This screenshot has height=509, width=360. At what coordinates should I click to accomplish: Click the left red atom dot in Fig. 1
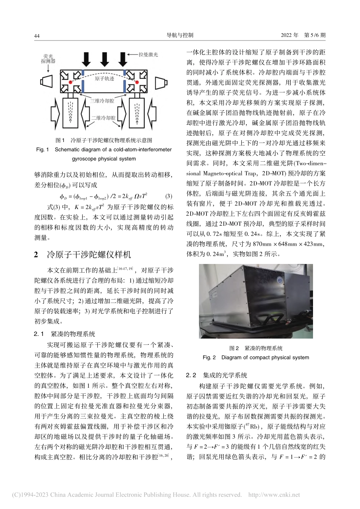[x=70, y=82]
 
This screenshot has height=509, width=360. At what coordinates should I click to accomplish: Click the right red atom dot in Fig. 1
[x=137, y=82]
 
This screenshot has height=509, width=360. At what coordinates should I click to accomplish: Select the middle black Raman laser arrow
[x=104, y=59]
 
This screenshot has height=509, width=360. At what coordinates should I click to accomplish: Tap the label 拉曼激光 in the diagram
[x=149, y=55]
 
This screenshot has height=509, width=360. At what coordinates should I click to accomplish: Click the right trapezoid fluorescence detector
[x=161, y=82]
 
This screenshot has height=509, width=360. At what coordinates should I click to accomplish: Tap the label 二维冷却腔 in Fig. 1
[x=103, y=118]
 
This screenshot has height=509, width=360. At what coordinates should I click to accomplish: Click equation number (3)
[x=169, y=196]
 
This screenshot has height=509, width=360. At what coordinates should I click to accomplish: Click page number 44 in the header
[x=37, y=36]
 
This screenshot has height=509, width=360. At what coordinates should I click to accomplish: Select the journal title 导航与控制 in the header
[x=180, y=35]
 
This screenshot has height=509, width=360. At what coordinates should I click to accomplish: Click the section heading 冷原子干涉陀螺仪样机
[x=89, y=254]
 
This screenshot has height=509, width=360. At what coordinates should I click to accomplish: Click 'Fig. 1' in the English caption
[x=42, y=150]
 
